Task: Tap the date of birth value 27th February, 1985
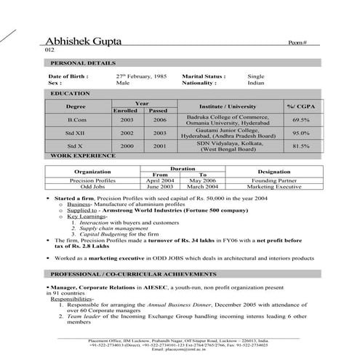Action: [141, 76]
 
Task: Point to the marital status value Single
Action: [255, 76]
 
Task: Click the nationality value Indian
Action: [255, 83]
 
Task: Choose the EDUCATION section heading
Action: [65, 94]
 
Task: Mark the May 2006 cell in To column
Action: [203, 180]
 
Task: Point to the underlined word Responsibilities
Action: [72, 299]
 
